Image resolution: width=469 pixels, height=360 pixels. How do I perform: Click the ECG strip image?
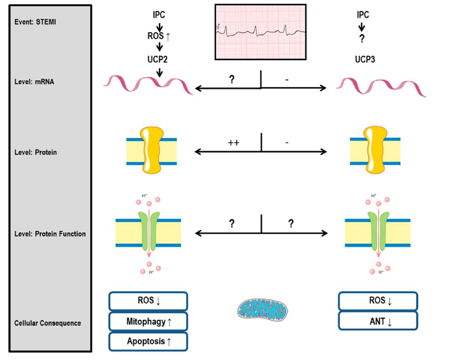261,32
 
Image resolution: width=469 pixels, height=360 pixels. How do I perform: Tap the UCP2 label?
157,59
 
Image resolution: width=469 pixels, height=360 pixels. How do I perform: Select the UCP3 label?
365,59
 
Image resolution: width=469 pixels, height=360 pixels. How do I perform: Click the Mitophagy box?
148,322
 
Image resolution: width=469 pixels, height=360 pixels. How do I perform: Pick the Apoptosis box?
148,341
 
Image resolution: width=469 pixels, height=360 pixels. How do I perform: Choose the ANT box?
378,321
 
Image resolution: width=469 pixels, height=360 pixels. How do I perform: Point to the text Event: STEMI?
35,22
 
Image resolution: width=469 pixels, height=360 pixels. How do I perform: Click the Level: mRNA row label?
34,82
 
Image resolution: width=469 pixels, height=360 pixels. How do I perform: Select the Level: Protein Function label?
50,234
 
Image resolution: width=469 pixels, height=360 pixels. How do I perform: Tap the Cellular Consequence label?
48,323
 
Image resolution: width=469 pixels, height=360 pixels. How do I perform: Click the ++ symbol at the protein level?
234,143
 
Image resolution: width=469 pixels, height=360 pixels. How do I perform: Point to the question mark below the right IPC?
362,39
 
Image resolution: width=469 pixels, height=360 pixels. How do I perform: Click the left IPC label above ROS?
159,15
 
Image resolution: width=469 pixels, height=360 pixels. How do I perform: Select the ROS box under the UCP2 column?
148,301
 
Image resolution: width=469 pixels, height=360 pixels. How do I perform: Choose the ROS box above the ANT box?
378,301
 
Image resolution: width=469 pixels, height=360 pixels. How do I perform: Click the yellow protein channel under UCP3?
376,150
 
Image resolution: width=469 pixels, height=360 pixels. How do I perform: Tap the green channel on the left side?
149,232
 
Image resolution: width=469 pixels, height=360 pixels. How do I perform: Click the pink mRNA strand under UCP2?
148,85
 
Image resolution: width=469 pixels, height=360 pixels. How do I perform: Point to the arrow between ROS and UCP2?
159,47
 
